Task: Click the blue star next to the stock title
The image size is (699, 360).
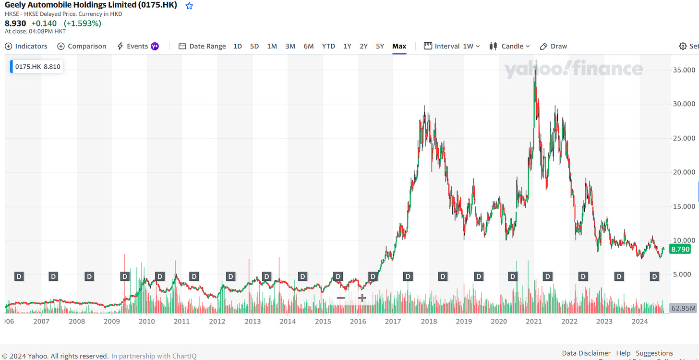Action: [189, 6]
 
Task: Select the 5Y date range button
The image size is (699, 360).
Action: [380, 46]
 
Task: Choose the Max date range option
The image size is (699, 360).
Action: [399, 46]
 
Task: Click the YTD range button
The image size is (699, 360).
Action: [328, 46]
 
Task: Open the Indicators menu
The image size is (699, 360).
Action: [26, 46]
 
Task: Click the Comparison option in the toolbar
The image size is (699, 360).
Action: [82, 46]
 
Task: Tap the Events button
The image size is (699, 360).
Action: [137, 46]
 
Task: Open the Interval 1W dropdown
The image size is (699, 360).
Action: [452, 46]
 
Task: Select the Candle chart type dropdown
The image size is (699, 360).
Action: [509, 46]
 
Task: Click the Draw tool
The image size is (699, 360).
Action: [554, 46]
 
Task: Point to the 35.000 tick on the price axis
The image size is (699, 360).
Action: [683, 70]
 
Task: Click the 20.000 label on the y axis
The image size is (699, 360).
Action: [683, 172]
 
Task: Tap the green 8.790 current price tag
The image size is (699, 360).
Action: [680, 249]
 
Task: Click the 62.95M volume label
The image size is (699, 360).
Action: [683, 308]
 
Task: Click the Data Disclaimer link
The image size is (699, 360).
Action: [586, 353]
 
